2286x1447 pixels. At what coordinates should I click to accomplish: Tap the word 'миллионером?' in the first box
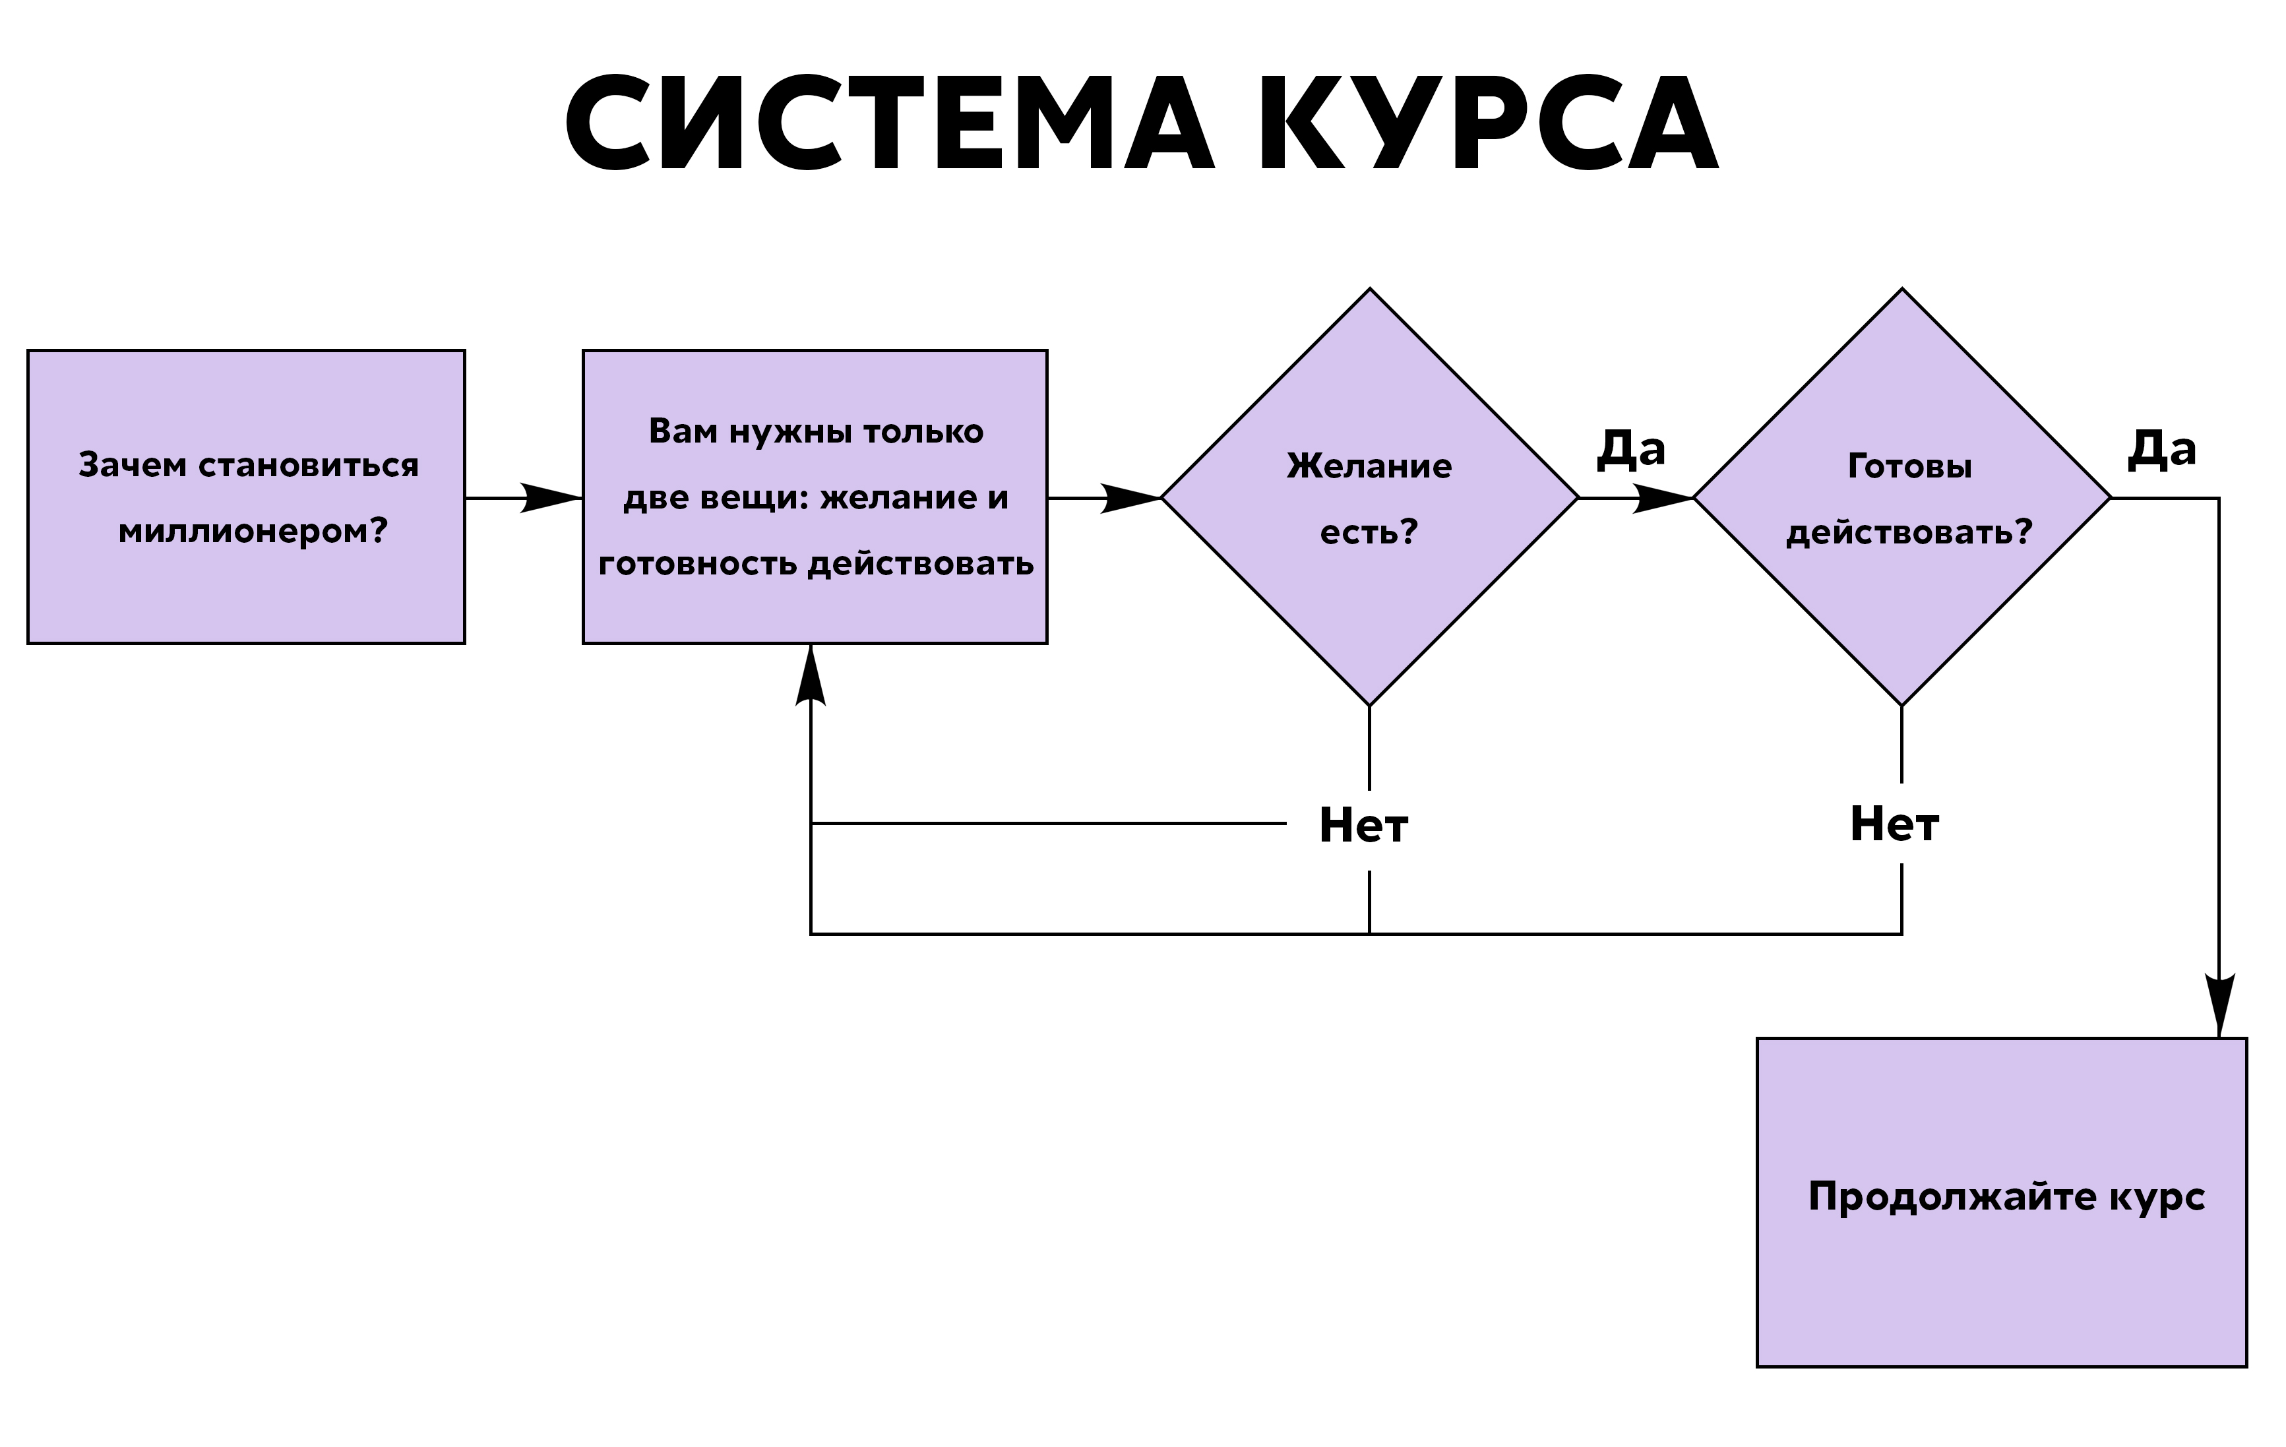click(x=253, y=532)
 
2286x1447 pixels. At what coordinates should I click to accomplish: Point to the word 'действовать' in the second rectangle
click(x=920, y=564)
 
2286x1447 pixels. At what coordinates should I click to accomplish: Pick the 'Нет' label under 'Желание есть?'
click(x=1363, y=825)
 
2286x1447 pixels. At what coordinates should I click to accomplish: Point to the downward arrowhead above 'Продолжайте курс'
click(x=2219, y=1004)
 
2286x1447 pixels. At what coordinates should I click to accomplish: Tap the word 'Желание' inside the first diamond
click(x=1369, y=466)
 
